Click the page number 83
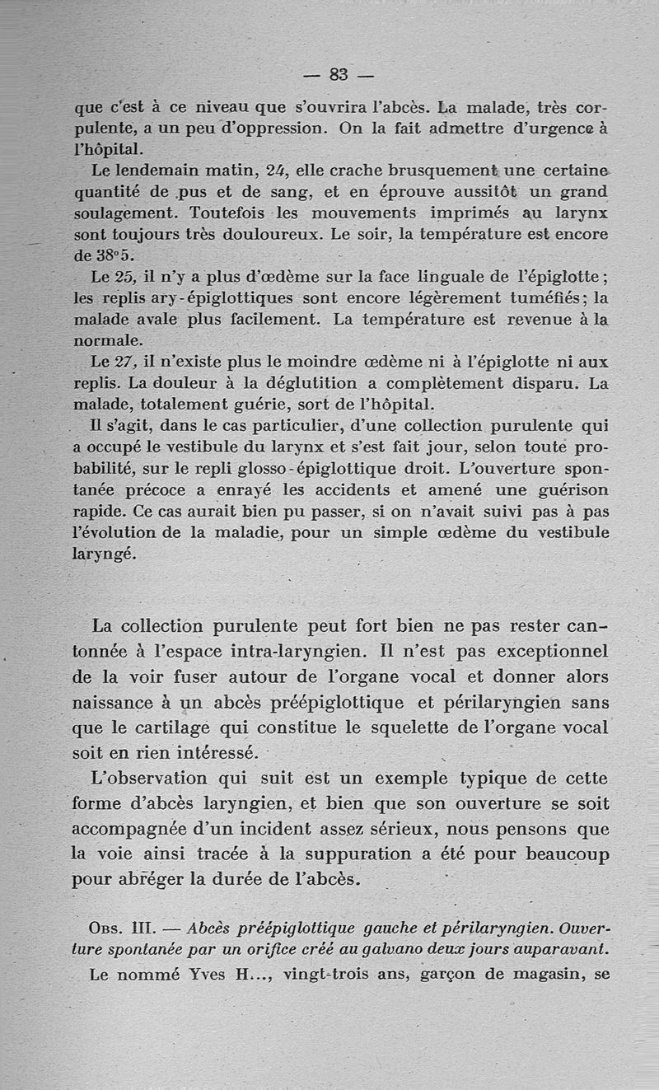click(x=338, y=74)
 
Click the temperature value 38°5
click(x=104, y=255)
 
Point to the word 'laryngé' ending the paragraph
click(x=102, y=554)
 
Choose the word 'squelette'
click(x=437, y=728)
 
